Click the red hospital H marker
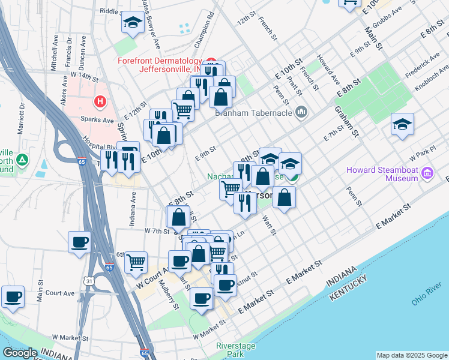(100, 103)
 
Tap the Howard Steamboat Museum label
(382, 174)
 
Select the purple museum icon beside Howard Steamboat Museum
(427, 174)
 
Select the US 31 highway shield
(89, 281)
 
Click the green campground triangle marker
(22, 160)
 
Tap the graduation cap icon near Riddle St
(132, 23)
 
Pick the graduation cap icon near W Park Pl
(402, 124)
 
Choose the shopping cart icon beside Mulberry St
(136, 262)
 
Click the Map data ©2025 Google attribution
(411, 355)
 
